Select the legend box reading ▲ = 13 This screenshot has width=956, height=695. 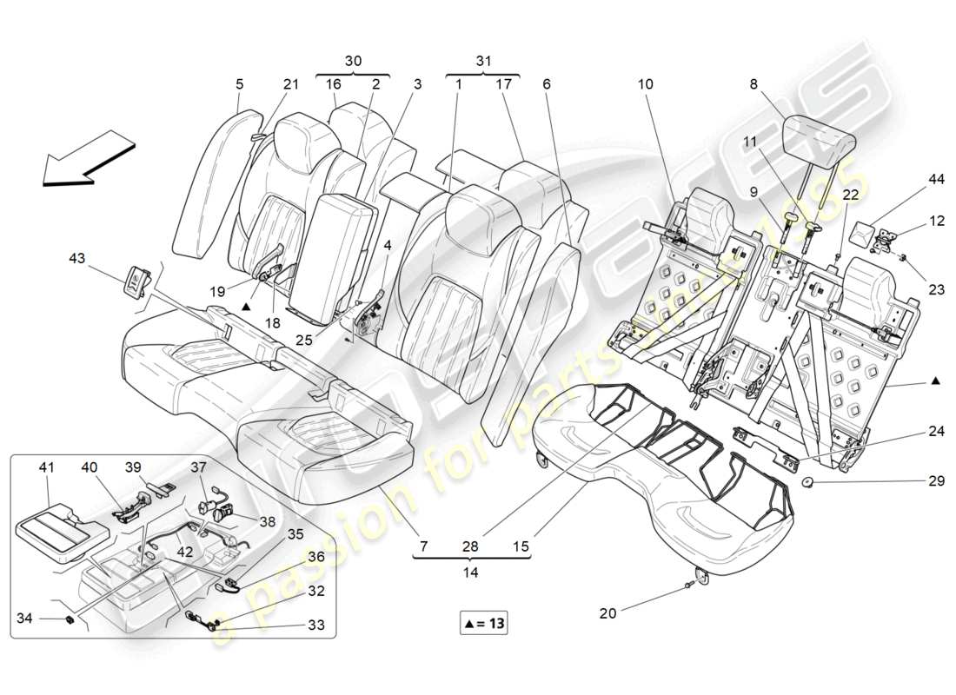coord(484,623)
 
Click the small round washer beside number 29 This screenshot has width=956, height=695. coord(807,482)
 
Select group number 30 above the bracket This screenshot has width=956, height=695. coord(353,61)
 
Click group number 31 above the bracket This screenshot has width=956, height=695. coord(483,61)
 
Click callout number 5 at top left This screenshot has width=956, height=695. coord(239,85)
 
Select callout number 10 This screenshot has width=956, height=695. coord(645,85)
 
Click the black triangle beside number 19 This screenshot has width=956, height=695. coord(248,306)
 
